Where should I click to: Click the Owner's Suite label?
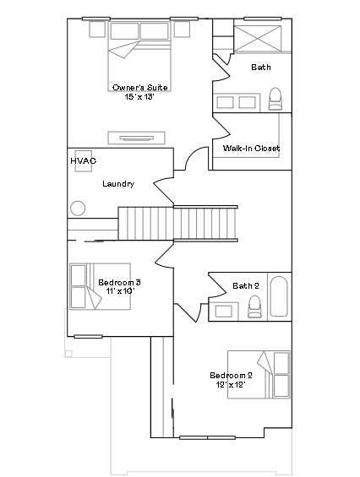[x=139, y=88]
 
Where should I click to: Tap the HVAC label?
[x=83, y=160]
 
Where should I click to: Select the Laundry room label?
[x=118, y=184]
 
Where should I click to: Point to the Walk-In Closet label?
[x=251, y=148]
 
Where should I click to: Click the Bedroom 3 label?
[x=119, y=283]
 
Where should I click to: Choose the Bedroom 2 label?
[x=231, y=375]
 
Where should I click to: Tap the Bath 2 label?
[x=246, y=285]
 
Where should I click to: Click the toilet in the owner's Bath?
[x=275, y=99]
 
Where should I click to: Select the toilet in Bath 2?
[x=254, y=306]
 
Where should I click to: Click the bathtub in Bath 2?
[x=279, y=296]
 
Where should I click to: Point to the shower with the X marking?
[x=258, y=39]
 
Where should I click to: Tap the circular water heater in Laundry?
[x=78, y=209]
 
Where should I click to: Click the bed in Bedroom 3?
[x=101, y=286]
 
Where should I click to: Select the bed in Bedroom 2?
[x=259, y=375]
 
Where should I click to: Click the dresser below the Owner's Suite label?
[x=136, y=138]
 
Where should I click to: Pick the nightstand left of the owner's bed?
[x=97, y=30]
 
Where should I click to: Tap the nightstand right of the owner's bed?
[x=182, y=30]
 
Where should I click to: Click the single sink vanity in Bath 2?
[x=224, y=311]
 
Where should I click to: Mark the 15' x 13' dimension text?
[x=139, y=97]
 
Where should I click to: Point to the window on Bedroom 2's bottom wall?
[x=207, y=438]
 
